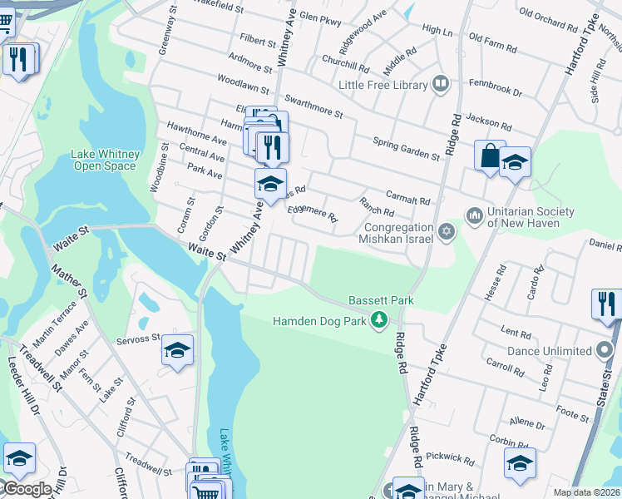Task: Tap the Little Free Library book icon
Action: point(441,84)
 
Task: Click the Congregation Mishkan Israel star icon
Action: point(447,231)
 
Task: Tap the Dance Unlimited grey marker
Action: point(605,350)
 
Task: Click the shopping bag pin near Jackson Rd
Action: point(490,156)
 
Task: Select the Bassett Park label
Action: point(381,299)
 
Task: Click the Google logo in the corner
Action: point(27,489)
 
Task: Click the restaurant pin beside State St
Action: point(607,304)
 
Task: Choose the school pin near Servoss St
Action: point(177,350)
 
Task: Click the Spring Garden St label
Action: point(406,149)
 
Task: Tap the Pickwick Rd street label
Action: point(449,458)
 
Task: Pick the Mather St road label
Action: point(69,280)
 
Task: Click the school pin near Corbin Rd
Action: point(520,463)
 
